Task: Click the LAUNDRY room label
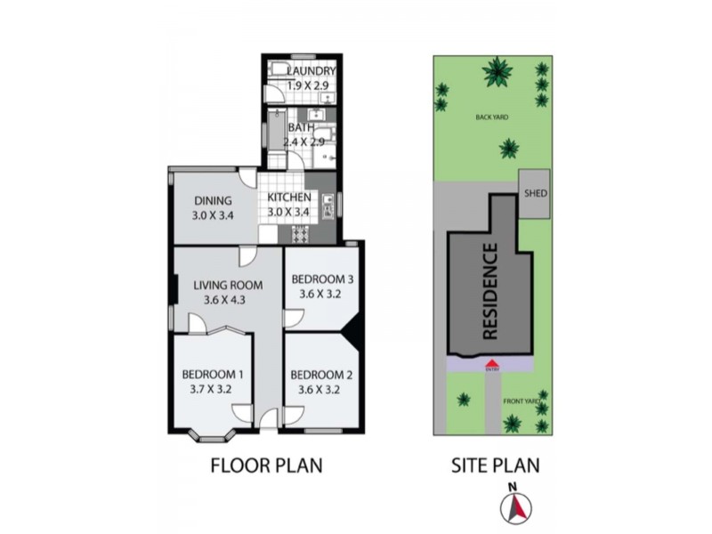coord(311,71)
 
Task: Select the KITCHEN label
coord(289,198)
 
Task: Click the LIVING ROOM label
coord(228,286)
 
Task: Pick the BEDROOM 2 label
coord(316,374)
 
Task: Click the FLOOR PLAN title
coord(265,465)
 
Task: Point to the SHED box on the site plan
coord(535,191)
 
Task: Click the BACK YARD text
coord(492,117)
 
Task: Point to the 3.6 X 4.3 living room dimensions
coord(224,301)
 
